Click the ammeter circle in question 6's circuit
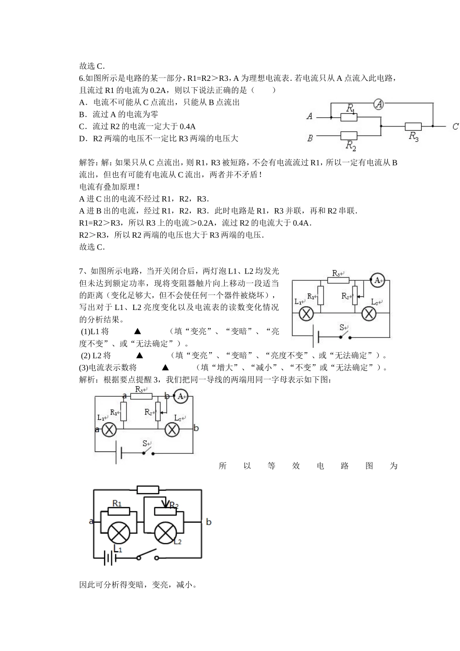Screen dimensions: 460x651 click(379, 104)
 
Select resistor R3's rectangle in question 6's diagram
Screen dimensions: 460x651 click(413, 126)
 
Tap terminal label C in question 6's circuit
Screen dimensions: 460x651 click(455, 126)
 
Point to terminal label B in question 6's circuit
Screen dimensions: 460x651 click(310, 139)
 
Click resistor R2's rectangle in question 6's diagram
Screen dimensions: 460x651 click(349, 136)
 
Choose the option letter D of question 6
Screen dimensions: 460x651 click(82, 139)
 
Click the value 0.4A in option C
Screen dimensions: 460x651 click(187, 126)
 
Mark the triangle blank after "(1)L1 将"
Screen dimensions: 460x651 click(137, 331)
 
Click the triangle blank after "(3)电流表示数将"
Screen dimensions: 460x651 click(165, 368)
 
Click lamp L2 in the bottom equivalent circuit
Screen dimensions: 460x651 click(165, 534)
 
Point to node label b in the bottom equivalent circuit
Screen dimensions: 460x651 click(209, 522)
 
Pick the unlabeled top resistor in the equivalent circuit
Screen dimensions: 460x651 click(148, 489)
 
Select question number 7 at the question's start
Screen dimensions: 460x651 click(81, 271)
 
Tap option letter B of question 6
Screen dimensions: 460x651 click(82, 114)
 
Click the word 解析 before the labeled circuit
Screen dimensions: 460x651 click(87, 380)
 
